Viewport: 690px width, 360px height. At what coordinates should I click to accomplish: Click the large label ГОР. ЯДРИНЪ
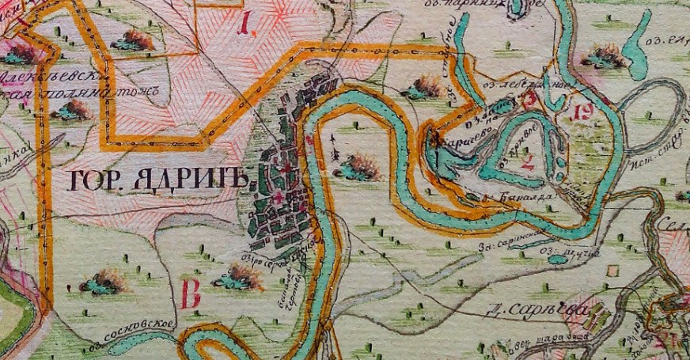pyautogui.click(x=159, y=181)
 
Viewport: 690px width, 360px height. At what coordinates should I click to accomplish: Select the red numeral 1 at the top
pyautogui.click(x=247, y=30)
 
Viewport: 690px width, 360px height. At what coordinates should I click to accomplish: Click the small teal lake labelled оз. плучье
pyautogui.click(x=559, y=260)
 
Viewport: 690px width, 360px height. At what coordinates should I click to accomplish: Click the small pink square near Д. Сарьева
pyautogui.click(x=612, y=271)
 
